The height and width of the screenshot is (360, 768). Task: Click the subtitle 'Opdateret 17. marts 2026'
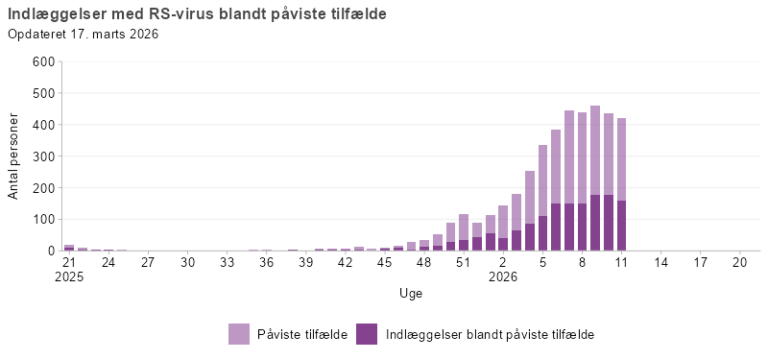pos(83,35)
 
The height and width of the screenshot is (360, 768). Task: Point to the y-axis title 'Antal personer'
pos(13,156)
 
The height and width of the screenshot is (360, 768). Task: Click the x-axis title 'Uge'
pos(411,293)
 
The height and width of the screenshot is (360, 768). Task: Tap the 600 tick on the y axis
pos(44,61)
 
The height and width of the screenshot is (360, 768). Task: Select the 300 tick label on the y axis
pos(44,156)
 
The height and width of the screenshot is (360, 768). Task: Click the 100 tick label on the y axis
pos(44,219)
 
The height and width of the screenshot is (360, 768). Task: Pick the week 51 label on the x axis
pos(463,261)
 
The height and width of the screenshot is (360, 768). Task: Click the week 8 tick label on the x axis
pos(582,261)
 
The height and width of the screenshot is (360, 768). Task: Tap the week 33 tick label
pos(227,261)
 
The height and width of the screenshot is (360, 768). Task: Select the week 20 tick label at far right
pos(739,261)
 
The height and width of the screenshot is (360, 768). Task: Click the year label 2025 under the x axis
pos(69,276)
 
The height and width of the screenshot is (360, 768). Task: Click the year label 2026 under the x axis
pos(502,276)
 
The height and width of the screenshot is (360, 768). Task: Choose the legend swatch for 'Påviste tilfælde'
pos(239,334)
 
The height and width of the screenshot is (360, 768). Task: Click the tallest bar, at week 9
pos(595,154)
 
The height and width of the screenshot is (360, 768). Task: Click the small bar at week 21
pos(69,248)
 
